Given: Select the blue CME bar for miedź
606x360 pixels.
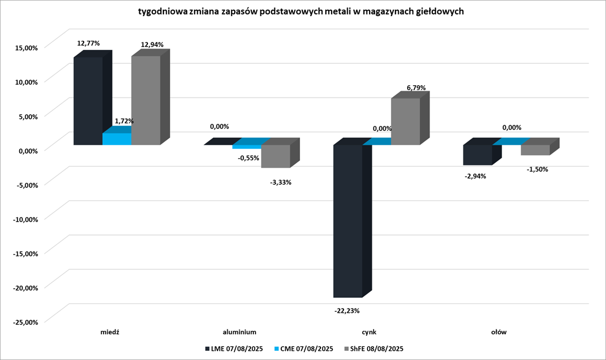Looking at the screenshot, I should tap(117, 139).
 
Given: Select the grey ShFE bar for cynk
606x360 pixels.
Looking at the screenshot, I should tap(406, 122).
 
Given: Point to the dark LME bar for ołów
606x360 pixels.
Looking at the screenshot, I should tap(477, 155).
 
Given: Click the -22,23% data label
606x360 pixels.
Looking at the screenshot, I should tap(348, 311).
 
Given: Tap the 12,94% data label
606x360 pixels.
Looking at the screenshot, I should tap(152, 44).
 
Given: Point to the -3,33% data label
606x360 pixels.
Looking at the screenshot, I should tap(280, 182).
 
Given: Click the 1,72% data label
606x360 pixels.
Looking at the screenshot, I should tap(123, 121).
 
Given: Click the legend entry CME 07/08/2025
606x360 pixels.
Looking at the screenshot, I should tap(303, 349).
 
